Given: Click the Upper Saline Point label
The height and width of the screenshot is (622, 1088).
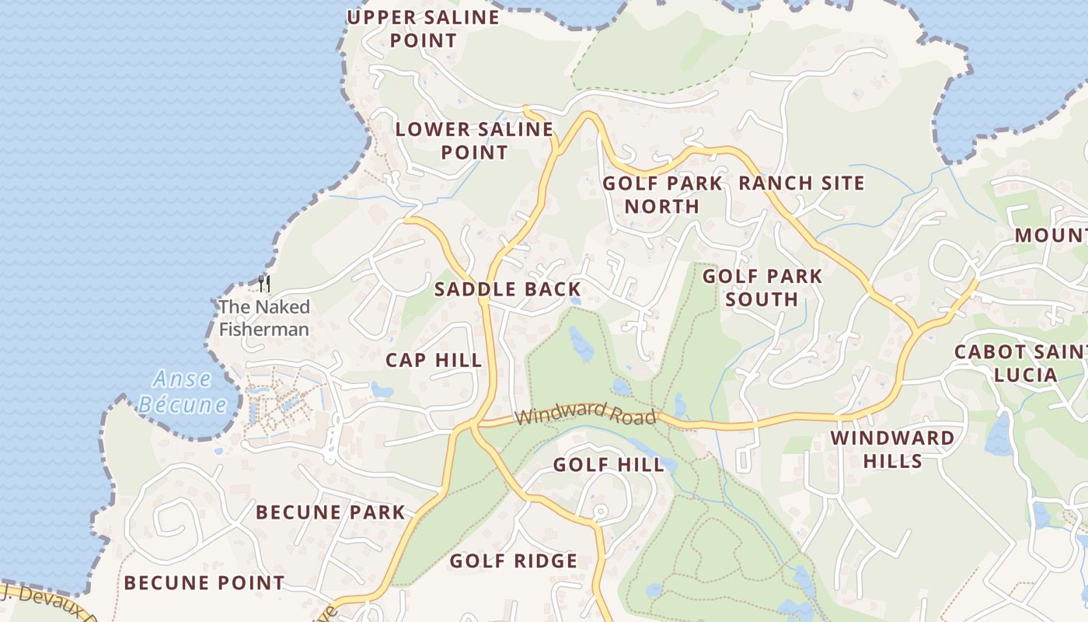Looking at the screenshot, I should tap(423, 29).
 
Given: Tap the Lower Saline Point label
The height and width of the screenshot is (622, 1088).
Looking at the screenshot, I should tap(474, 141).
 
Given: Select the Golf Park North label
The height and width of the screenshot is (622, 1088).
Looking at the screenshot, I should tap(662, 194).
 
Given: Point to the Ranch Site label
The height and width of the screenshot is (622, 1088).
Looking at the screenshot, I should tap(801, 183).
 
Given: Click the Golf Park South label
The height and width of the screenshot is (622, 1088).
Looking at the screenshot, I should tap(762, 288).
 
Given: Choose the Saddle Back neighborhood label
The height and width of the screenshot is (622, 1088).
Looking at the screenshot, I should tap(507, 290).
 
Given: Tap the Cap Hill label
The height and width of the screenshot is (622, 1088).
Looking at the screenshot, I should tap(434, 361).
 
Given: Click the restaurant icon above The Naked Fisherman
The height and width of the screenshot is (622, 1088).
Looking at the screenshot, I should tap(264, 284).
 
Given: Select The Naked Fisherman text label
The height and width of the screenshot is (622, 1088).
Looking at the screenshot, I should tap(264, 318).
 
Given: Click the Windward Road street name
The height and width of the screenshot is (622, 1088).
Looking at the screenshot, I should tap(585, 414).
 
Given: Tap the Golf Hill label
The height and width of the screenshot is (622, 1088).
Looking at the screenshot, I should tap(609, 465).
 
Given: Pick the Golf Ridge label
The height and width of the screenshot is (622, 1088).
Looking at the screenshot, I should tap(513, 561).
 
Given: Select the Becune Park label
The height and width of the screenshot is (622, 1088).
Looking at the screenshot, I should tap(330, 512).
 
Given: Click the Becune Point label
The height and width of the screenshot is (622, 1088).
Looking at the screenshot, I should tap(204, 582).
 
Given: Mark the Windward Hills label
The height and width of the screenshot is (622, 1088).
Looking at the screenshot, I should tap(892, 449).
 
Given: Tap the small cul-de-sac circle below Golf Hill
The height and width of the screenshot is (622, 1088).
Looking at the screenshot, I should tap(599, 512).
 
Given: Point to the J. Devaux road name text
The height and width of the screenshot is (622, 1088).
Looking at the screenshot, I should tap(47, 603).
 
